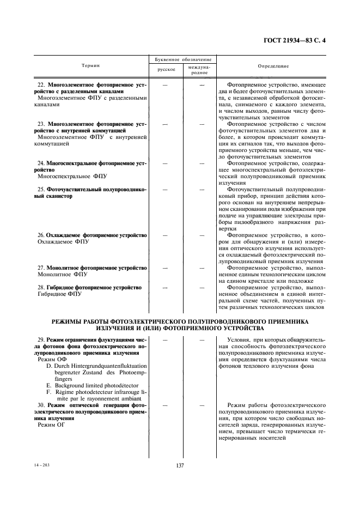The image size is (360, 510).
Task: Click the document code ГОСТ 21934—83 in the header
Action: [x=292, y=40]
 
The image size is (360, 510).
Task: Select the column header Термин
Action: [x=91, y=65]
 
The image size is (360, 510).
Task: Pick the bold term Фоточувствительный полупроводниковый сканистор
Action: [x=90, y=192]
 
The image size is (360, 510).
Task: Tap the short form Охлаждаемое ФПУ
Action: [x=63, y=241]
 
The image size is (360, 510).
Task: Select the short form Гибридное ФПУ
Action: [x=59, y=294]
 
